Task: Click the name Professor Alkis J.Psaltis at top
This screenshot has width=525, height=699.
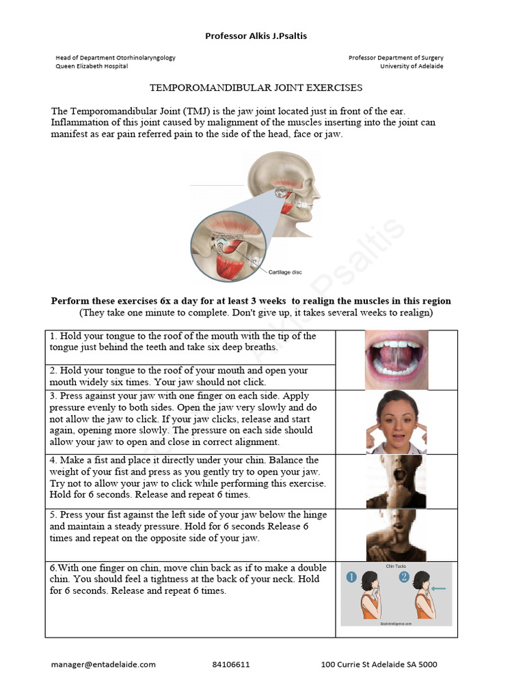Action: tap(256, 36)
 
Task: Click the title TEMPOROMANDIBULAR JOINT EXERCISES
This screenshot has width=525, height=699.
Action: tap(256, 88)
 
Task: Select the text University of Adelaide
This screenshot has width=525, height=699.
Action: tap(412, 66)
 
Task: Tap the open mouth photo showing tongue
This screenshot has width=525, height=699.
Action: tap(396, 360)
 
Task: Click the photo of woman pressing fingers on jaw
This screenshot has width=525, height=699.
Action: tap(396, 422)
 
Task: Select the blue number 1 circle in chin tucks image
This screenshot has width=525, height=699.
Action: tap(351, 577)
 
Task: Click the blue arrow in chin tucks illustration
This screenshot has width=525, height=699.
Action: tap(440, 588)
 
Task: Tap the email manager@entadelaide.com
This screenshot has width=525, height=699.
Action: tap(103, 664)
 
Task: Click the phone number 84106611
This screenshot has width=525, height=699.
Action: tap(230, 664)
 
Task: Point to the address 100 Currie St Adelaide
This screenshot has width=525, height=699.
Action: tap(379, 664)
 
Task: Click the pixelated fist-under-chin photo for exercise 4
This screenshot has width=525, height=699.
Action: tap(396, 481)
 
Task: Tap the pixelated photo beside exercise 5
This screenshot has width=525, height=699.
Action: tap(396, 534)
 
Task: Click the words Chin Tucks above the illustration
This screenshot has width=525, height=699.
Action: tap(396, 566)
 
